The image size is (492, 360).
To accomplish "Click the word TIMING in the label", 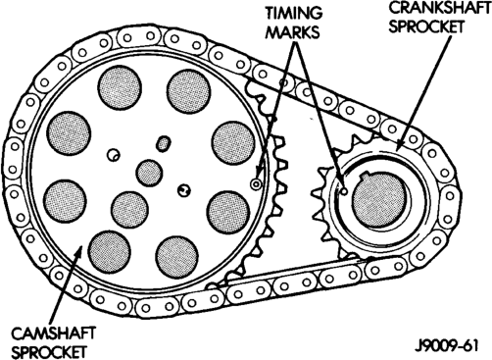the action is tap(294, 13).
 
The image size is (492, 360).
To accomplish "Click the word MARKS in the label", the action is tap(292, 31).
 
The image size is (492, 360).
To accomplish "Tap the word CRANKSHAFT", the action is tap(440, 8).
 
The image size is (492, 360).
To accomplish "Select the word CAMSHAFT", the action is tap(53, 334).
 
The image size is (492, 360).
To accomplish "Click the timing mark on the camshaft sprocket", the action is tap(256, 184).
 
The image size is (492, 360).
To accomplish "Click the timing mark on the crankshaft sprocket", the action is tap(343, 192).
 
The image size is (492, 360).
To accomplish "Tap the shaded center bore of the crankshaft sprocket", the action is tap(379, 199).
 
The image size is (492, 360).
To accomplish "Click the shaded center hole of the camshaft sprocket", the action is tap(149, 173).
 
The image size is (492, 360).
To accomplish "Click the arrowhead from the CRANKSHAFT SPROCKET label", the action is tap(401, 144).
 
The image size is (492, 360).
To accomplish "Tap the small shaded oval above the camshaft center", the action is tap(163, 143).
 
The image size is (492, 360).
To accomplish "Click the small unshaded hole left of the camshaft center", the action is tap(114, 155).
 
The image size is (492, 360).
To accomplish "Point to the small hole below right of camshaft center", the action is tap(183, 190).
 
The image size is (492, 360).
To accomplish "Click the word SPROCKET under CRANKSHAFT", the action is tap(426, 26).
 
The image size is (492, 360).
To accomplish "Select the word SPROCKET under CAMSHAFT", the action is tap(49, 352).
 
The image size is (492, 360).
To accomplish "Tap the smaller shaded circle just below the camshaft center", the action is tap(129, 209).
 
